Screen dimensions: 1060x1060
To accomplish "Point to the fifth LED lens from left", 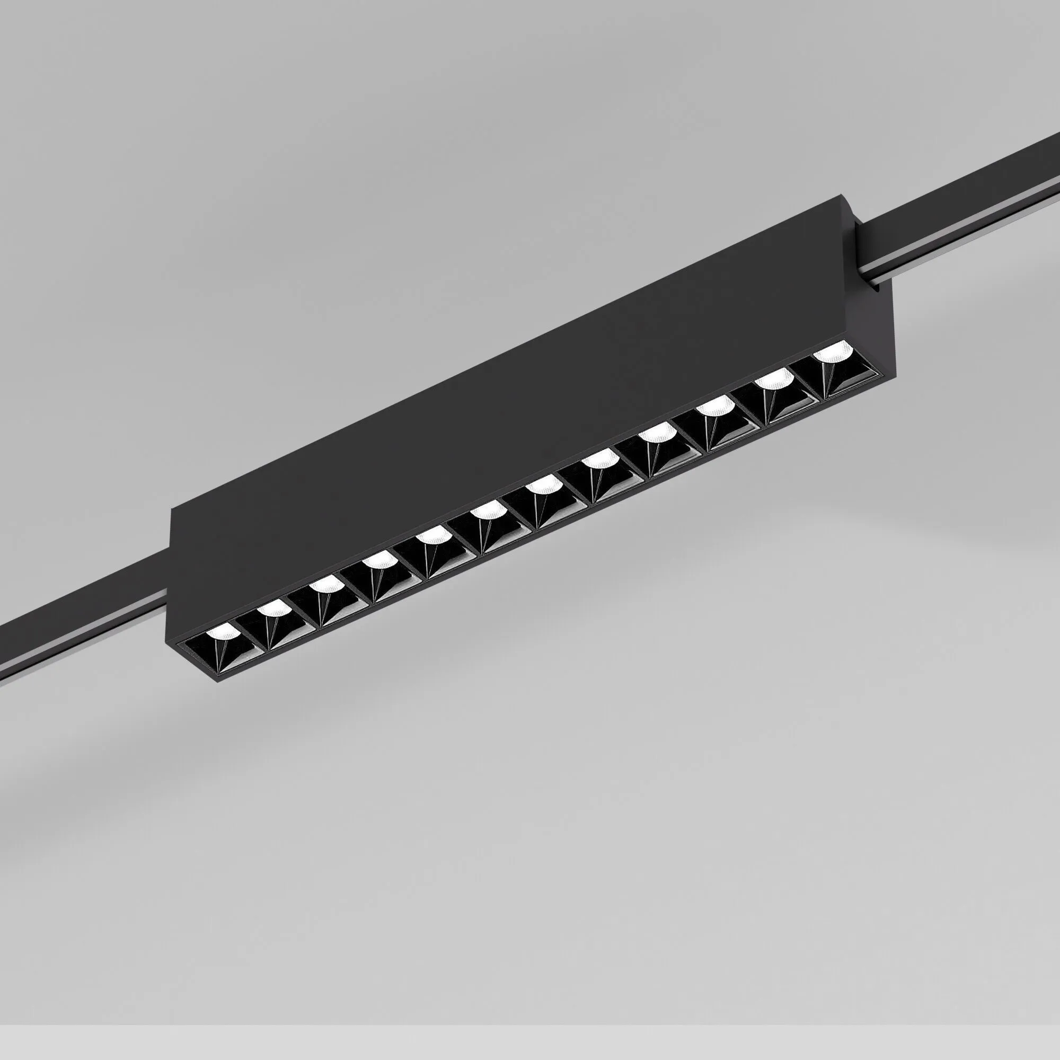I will [432, 534].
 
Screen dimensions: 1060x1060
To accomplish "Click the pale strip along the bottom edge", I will [530, 1053].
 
